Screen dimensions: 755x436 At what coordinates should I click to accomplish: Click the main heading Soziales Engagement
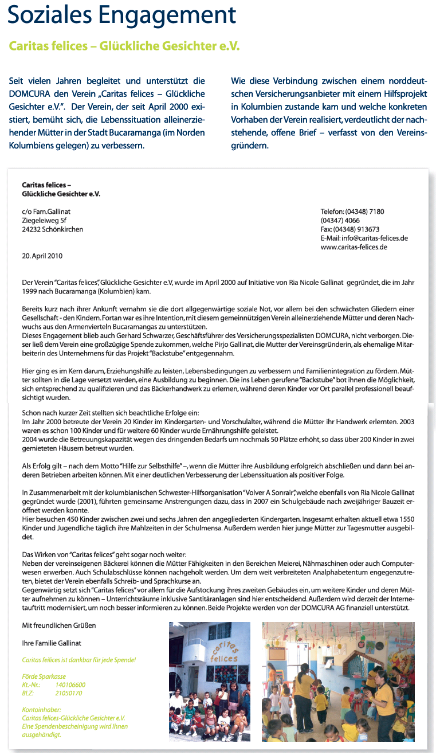click(x=121, y=17)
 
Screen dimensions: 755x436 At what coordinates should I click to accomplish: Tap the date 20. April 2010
click(x=42, y=256)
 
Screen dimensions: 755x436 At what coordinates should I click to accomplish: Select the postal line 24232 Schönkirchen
click(x=52, y=229)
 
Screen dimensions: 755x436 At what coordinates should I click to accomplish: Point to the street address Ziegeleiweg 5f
click(x=44, y=220)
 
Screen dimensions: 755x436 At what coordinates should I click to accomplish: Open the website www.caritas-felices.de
click(x=354, y=247)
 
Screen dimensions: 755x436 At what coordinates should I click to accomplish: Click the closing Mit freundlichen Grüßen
click(x=59, y=624)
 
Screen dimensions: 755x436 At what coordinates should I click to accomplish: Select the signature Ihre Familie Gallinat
click(x=52, y=643)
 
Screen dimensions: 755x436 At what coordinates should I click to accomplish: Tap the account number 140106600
click(x=70, y=684)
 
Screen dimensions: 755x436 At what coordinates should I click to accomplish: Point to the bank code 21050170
click(x=69, y=693)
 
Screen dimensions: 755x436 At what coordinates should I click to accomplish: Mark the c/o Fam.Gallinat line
click(x=46, y=212)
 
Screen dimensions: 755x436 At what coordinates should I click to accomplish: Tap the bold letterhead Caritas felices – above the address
click(x=46, y=185)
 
